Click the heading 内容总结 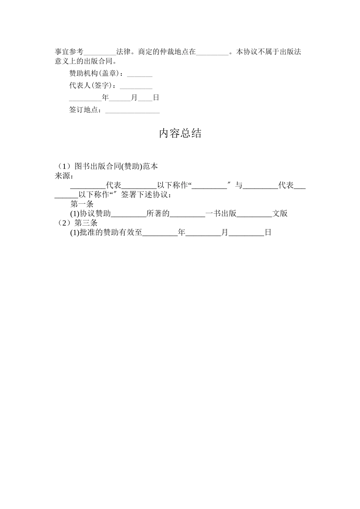180,133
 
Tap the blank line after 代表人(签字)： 136,86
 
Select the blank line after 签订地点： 132,110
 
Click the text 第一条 82,204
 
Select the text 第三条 86,223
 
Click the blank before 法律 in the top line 100,52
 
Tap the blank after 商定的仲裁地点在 212,52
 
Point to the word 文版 280,213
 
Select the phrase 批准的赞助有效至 111,233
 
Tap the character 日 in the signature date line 156,98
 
